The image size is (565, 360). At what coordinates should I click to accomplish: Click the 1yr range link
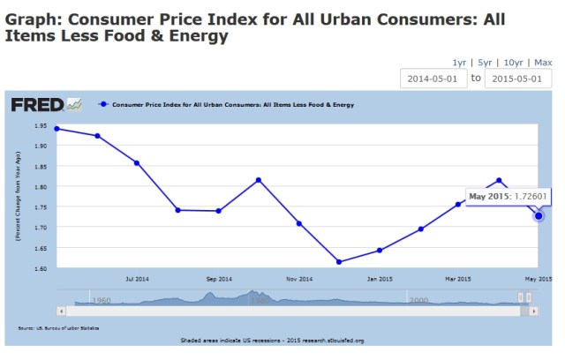pos(459,63)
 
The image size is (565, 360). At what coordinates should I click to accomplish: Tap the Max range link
pos(542,63)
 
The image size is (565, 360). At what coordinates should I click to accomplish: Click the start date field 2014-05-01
pos(432,79)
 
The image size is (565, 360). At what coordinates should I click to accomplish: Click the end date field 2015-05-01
pos(518,79)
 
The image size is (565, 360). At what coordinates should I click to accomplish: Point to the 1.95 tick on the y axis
pos(40,125)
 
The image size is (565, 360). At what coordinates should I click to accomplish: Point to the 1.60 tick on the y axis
pos(40,266)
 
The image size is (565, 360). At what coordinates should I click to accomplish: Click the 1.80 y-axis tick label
pos(40,186)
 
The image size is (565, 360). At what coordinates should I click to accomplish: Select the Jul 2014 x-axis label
pos(138,279)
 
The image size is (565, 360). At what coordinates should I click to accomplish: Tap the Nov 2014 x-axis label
pos(299,279)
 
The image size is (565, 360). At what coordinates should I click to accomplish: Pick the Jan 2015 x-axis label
pos(380,279)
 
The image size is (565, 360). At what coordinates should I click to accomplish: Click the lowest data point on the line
pos(339,262)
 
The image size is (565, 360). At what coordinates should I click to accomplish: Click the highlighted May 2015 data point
pos(539,215)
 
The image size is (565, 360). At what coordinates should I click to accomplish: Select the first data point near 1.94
pos(56,129)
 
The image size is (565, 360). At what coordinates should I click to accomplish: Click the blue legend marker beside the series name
pos(104,104)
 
